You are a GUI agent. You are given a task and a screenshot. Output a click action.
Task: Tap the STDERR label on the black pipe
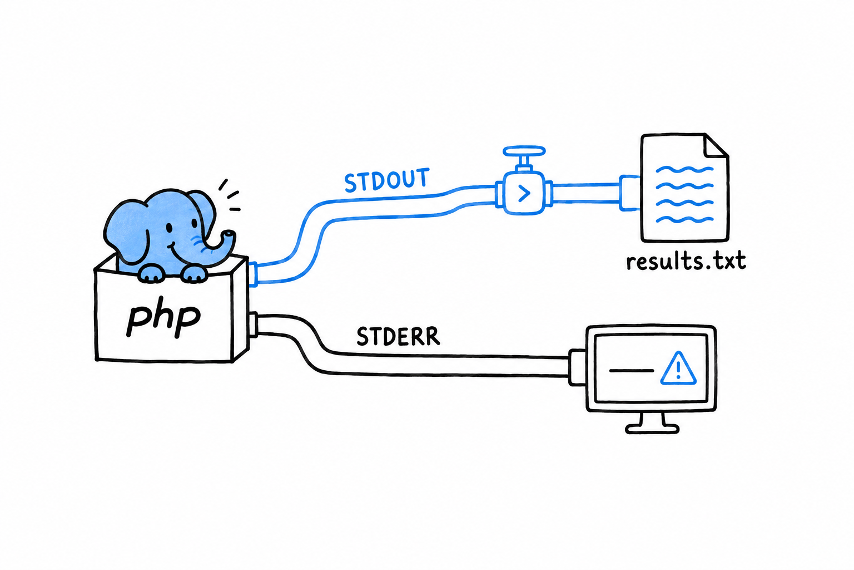[x=398, y=337]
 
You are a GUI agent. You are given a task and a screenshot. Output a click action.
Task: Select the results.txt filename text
[x=686, y=262]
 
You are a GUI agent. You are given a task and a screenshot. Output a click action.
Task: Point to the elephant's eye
[x=169, y=228]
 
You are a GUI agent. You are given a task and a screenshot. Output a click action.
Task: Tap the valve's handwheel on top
[x=524, y=151]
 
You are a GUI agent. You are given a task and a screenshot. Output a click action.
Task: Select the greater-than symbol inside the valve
[x=524, y=193]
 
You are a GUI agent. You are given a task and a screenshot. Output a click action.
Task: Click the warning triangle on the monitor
[x=678, y=368]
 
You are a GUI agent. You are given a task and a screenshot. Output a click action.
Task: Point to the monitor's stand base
[x=652, y=429]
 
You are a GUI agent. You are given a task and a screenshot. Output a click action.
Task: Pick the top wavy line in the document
[x=684, y=169]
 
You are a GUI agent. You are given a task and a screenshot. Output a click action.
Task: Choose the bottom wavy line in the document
[x=684, y=219]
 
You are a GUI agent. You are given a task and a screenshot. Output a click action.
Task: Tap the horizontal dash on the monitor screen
[x=632, y=370]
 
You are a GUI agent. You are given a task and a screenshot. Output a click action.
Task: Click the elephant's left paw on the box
[x=152, y=274]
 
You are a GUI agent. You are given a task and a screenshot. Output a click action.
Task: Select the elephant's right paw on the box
[x=195, y=274]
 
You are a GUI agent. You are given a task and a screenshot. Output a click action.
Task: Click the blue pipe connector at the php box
[x=253, y=274]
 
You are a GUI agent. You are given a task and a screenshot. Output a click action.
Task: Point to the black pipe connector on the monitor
[x=577, y=367]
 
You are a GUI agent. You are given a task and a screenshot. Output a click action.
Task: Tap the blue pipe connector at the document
[x=629, y=193]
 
